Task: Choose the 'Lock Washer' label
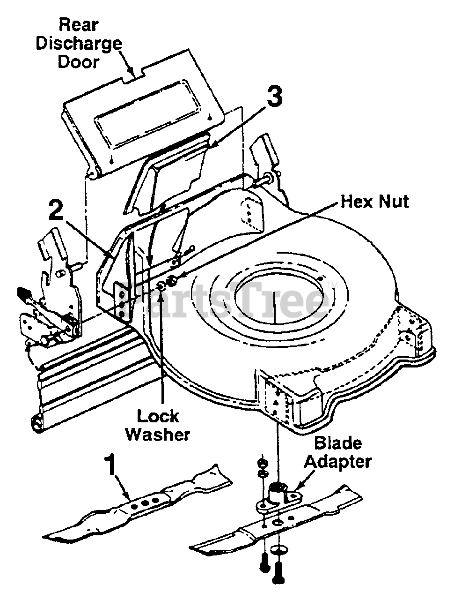pos(158,425)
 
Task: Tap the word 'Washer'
pos(158,434)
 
